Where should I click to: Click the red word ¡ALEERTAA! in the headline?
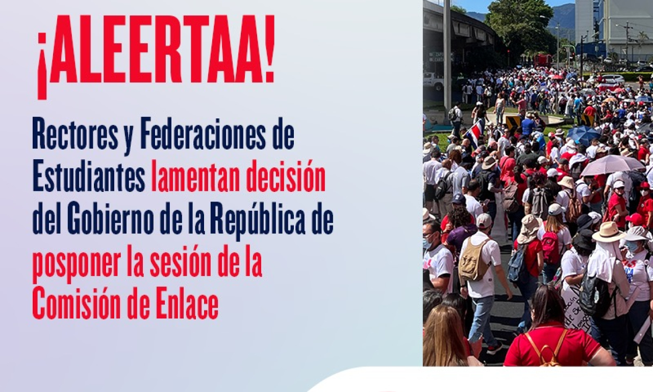[156, 56]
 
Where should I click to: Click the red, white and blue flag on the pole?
[474, 133]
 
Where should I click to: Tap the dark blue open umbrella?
[584, 134]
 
